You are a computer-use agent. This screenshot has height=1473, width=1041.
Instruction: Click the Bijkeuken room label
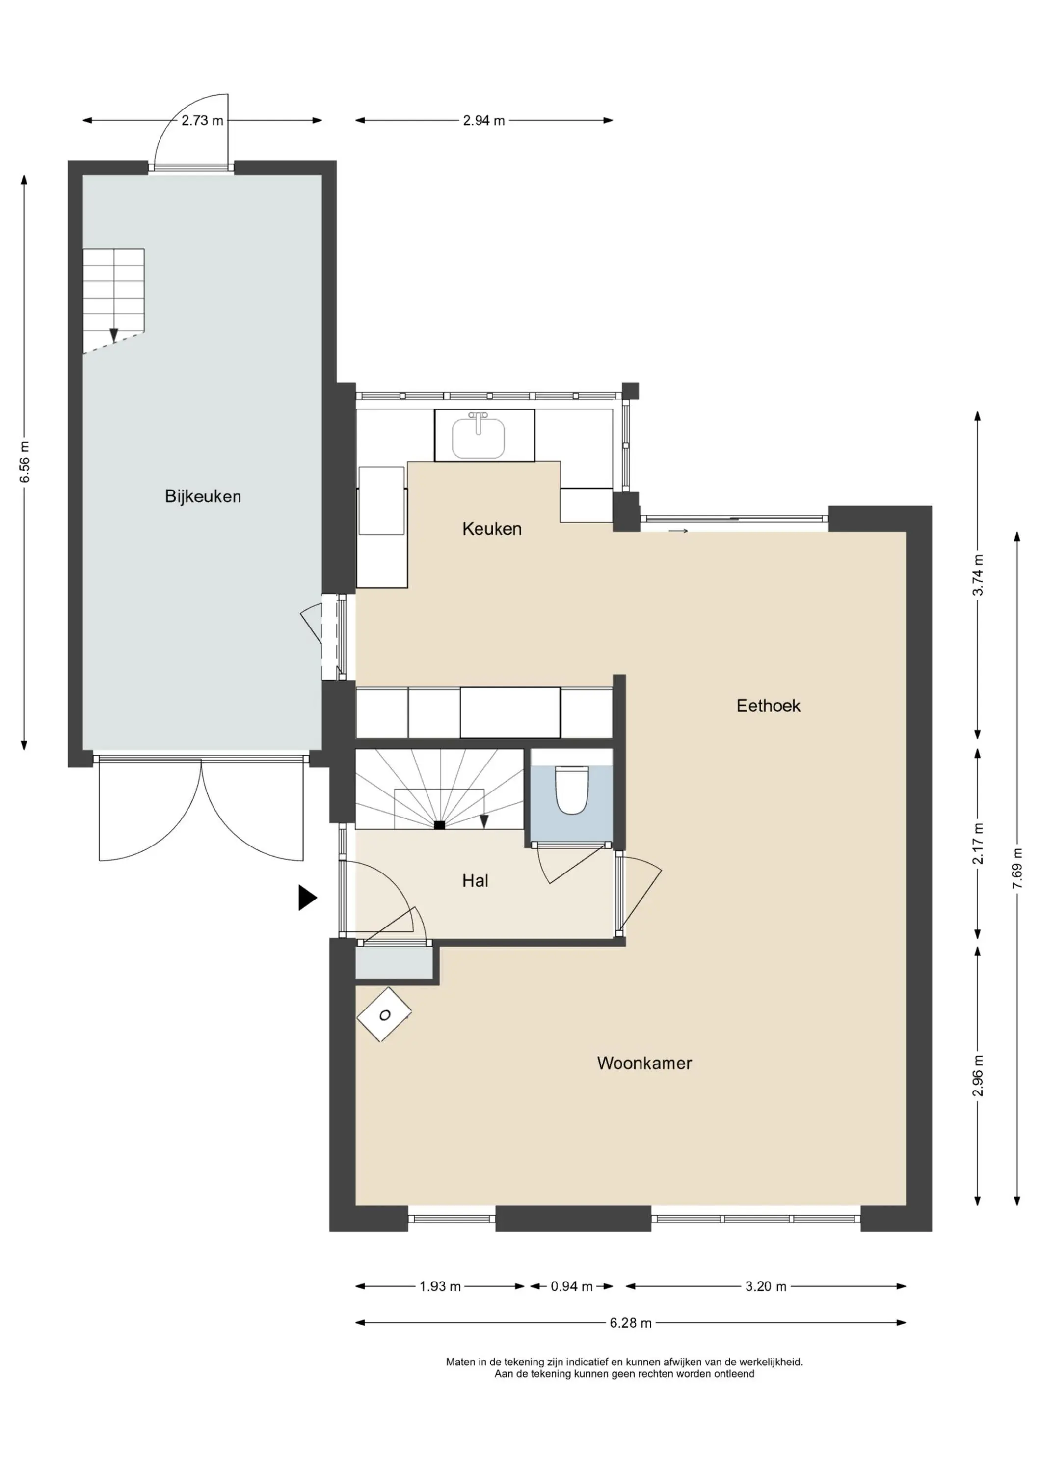(x=203, y=496)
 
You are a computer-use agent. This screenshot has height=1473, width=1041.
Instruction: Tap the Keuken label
(x=492, y=529)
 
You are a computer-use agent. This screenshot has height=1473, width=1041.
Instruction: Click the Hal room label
(x=475, y=881)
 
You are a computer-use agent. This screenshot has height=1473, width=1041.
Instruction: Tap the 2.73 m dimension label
(x=202, y=121)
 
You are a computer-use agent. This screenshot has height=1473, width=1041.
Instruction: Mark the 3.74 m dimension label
(x=978, y=575)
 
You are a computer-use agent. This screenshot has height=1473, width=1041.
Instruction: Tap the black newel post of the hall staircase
(x=439, y=825)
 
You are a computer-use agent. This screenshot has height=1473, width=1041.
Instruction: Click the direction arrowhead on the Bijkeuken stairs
(x=113, y=335)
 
